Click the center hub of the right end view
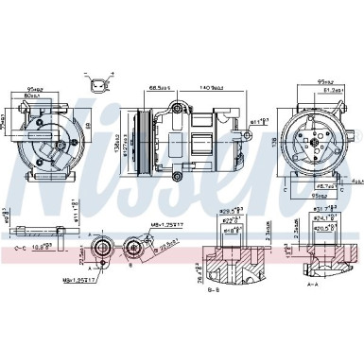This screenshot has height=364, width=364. [322, 143]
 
